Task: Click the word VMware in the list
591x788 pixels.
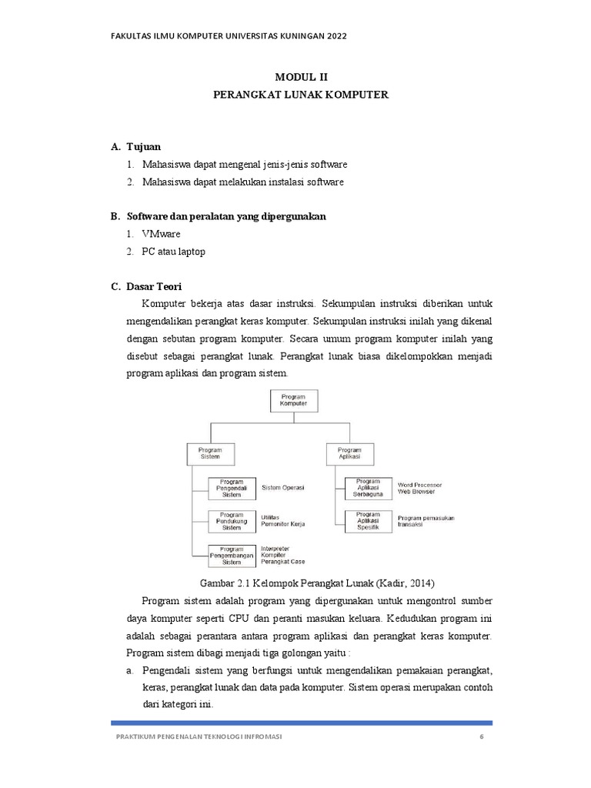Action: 160,234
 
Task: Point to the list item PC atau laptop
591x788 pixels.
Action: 173,252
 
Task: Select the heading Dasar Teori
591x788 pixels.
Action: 153,287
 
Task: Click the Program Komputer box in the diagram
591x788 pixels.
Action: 292,400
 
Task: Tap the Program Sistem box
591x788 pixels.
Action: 210,453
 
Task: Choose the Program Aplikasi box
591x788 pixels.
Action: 349,453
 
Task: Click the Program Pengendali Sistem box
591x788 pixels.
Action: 232,489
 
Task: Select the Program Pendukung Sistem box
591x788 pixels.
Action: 232,522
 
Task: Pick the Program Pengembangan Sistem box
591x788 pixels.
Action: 232,555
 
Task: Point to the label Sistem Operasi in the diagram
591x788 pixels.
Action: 283,488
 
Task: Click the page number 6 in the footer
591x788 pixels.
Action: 480,736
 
